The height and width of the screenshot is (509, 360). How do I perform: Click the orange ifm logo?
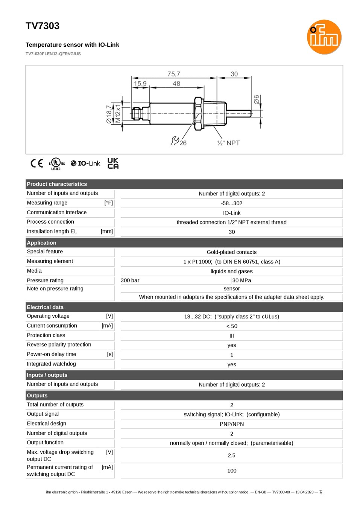[324, 37]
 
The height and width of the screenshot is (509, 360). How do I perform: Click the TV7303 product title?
[43, 26]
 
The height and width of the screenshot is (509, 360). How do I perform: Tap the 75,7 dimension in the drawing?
[174, 74]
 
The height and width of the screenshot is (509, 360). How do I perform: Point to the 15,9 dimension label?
[140, 84]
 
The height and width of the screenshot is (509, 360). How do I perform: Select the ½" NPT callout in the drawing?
[228, 143]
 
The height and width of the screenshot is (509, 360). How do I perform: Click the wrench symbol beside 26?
[175, 141]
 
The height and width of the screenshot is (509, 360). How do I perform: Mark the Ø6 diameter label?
[256, 99]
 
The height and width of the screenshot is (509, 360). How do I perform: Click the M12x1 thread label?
[118, 114]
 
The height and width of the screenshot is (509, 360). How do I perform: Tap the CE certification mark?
[37, 163]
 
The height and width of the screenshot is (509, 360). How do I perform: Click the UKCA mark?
[113, 163]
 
